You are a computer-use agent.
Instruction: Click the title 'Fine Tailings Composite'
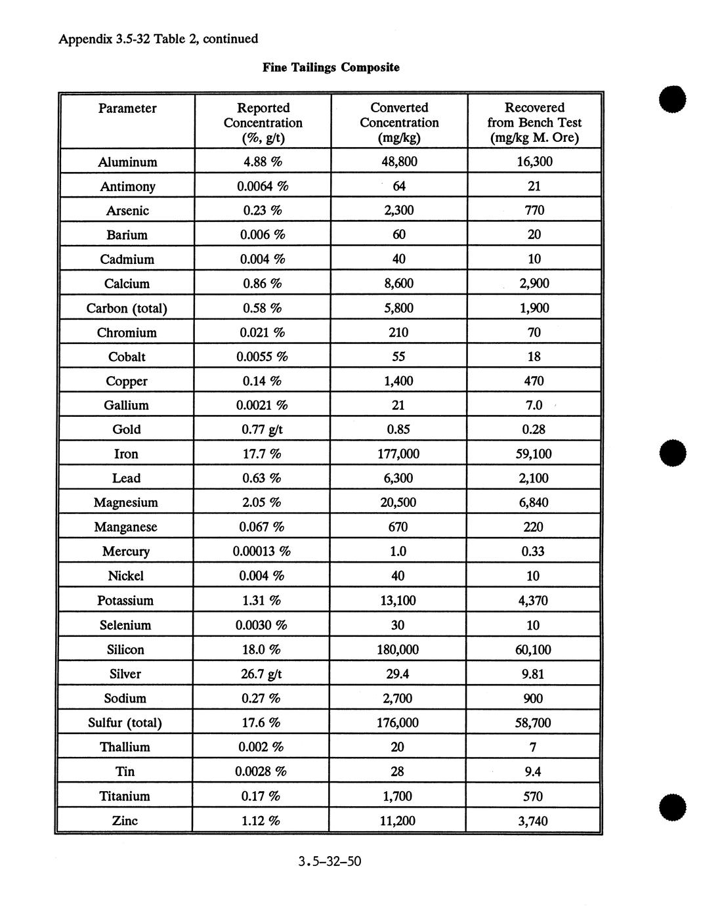click(x=331, y=68)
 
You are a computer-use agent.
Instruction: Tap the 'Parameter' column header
click(x=127, y=108)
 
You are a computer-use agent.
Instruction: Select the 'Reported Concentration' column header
click(x=263, y=123)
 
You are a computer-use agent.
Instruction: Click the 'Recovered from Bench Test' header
click(x=534, y=123)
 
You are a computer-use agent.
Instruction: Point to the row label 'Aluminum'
click(x=127, y=162)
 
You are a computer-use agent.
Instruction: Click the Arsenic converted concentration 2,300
click(x=398, y=211)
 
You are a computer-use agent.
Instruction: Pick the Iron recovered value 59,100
click(x=533, y=454)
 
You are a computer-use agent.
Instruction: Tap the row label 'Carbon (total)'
click(x=127, y=309)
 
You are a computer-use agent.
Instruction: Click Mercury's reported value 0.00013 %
click(x=261, y=551)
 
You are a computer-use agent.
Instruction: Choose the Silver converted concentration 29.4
click(x=398, y=674)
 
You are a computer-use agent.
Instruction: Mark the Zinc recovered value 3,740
click(x=533, y=821)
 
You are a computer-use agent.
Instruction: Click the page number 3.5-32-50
click(x=329, y=861)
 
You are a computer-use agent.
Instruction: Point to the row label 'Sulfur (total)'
click(x=125, y=723)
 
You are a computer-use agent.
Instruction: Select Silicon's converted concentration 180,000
click(x=398, y=650)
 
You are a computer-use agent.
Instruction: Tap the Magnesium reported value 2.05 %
click(x=261, y=503)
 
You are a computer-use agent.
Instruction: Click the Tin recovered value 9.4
click(x=533, y=772)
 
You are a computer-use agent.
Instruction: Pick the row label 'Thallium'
click(x=125, y=747)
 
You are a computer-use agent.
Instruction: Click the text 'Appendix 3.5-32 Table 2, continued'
click(x=158, y=39)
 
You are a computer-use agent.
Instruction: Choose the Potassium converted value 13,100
click(x=398, y=601)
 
